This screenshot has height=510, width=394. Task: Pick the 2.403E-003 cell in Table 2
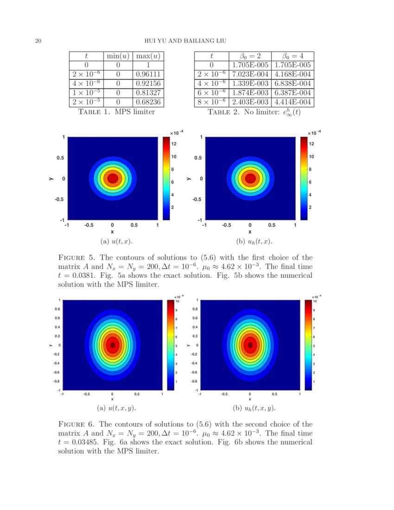tap(250, 102)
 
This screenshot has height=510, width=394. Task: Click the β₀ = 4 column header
tap(292, 56)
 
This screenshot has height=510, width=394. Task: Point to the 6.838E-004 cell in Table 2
tap(292, 83)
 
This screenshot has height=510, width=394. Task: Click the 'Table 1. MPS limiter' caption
tap(117, 112)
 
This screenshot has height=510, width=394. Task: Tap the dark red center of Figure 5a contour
tap(112, 178)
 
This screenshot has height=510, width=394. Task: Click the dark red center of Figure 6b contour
tap(250, 344)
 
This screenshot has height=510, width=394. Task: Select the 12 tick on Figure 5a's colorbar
tap(173, 145)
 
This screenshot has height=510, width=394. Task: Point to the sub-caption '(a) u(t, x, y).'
tap(116, 408)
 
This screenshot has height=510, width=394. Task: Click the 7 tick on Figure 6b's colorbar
tap(313, 328)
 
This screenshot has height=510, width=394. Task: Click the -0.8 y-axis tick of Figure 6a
tap(56, 381)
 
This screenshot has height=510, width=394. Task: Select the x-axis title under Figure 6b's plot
tap(250, 399)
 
